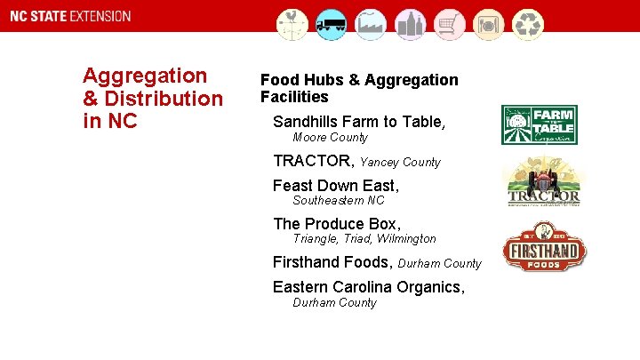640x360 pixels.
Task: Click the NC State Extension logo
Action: click(68, 17)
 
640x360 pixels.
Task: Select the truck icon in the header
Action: click(331, 24)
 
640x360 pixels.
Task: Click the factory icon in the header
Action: click(372, 24)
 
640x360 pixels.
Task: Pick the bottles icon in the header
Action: click(411, 24)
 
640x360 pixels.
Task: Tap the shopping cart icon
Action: click(451, 24)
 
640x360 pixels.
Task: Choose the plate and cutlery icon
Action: click(490, 24)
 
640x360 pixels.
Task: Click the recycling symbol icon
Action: click(531, 24)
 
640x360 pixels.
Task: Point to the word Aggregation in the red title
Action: click(144, 76)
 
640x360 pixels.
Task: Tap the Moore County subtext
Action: click(330, 138)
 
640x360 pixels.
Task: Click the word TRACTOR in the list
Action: click(314, 161)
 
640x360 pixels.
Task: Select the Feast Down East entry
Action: click(336, 186)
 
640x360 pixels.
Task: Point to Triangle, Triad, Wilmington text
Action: click(364, 239)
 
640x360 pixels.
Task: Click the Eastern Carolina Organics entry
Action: click(369, 287)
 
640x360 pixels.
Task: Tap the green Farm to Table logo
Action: click(540, 124)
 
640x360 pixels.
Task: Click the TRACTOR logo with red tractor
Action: click(543, 183)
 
